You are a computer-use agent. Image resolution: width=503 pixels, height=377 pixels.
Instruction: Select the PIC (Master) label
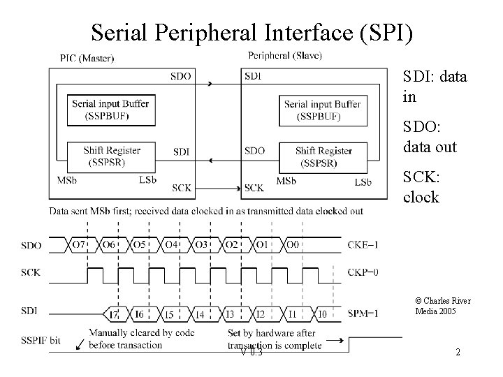[87, 57]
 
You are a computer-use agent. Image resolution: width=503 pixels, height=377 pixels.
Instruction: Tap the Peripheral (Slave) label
[285, 55]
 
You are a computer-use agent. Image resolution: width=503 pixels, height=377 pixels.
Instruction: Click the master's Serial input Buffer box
[110, 110]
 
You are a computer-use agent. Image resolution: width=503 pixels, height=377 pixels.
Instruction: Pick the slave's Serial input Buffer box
[322, 110]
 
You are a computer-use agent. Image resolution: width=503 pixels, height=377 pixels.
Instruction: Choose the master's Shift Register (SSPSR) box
[111, 156]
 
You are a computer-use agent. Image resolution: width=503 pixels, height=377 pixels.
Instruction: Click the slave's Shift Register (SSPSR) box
[323, 156]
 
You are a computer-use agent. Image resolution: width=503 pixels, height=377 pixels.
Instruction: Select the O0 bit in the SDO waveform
[293, 245]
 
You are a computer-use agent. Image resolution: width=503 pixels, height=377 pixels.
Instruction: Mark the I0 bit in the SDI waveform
[322, 315]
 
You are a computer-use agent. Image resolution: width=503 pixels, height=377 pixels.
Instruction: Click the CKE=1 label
[363, 245]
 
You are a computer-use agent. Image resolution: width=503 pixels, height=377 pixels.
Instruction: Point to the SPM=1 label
[363, 313]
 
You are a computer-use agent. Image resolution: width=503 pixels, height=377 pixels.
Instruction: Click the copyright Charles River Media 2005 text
[442, 306]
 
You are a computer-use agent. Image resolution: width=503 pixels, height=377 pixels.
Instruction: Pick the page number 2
[458, 353]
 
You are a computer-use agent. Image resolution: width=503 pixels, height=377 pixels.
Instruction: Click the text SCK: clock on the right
[421, 187]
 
